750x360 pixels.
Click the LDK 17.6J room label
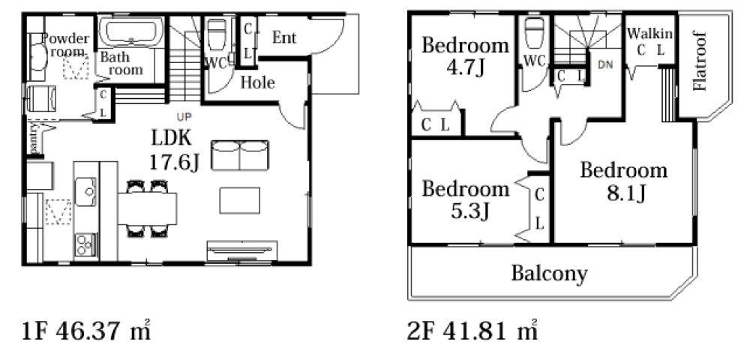click(x=174, y=150)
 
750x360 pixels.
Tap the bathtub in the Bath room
click(x=131, y=32)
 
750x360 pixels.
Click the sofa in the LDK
click(x=240, y=155)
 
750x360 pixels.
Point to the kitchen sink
click(x=85, y=192)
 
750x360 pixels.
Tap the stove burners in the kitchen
click(x=85, y=244)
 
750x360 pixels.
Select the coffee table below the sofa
click(x=240, y=200)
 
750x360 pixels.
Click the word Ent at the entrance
click(x=284, y=37)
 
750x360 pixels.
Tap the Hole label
click(x=257, y=82)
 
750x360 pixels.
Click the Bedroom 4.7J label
click(x=465, y=57)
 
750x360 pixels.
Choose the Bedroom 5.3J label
click(x=466, y=199)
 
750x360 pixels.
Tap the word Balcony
click(x=549, y=274)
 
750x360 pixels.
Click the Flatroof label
click(x=699, y=61)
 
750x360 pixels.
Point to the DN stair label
click(x=605, y=65)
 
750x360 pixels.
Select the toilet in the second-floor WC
click(x=533, y=31)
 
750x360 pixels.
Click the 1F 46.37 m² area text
click(x=87, y=330)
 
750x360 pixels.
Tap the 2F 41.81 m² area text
click(x=472, y=330)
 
